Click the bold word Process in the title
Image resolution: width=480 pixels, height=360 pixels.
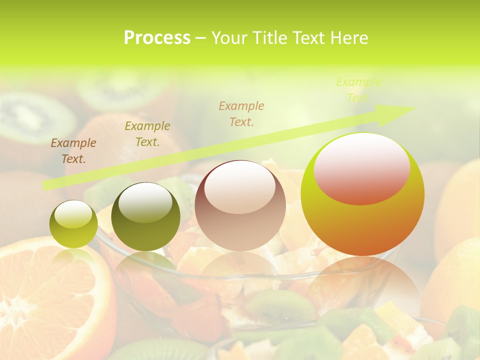coord(157,38)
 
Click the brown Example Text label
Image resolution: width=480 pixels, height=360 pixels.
coord(73,151)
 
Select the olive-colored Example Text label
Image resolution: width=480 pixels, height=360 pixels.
coord(147,134)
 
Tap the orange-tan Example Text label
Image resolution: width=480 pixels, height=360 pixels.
coord(241,114)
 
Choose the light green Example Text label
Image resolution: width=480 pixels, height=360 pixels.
coord(358,90)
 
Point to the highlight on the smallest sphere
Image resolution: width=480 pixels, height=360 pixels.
coord(73,214)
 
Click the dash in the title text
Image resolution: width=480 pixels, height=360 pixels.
coord(201,38)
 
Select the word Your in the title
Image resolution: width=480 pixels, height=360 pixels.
coord(229,38)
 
